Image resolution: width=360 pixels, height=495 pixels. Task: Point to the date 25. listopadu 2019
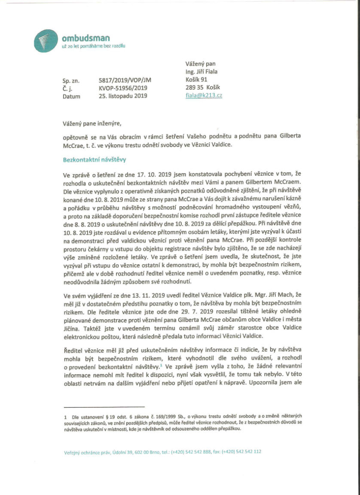pyautogui.click(x=123, y=96)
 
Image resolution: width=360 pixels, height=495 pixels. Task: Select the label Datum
pyautogui.click(x=71, y=96)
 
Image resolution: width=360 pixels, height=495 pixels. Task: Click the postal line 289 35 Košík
pyautogui.click(x=201, y=88)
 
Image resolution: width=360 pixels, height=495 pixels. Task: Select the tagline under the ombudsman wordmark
pyautogui.click(x=93, y=46)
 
